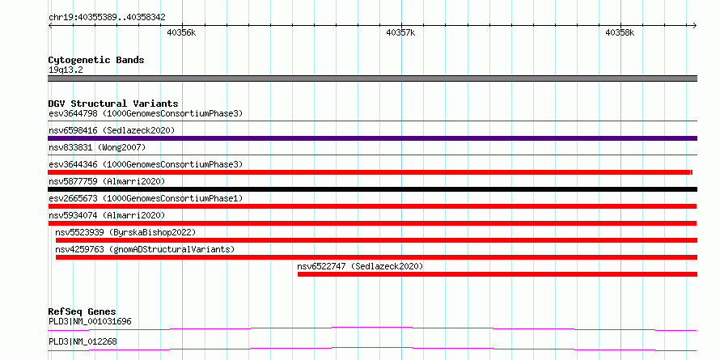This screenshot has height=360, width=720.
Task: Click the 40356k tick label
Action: click(x=182, y=32)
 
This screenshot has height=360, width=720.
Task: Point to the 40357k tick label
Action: click(x=401, y=32)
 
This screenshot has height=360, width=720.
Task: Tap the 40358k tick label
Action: click(x=620, y=32)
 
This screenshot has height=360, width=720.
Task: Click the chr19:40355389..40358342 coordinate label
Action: click(x=107, y=18)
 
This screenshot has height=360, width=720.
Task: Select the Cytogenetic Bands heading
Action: click(x=96, y=60)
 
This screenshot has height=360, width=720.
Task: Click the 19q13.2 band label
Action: click(x=66, y=70)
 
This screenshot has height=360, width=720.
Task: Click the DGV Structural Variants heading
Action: click(x=113, y=104)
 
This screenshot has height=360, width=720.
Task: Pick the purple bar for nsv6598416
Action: click(x=372, y=138)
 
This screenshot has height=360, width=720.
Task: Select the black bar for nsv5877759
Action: click(x=372, y=189)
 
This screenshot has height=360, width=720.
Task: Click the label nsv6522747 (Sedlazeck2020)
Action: click(x=360, y=266)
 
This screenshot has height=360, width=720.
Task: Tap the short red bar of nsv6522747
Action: click(x=498, y=274)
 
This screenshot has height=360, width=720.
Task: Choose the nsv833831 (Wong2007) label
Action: click(x=97, y=147)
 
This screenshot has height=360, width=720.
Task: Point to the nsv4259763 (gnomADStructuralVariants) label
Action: click(x=145, y=249)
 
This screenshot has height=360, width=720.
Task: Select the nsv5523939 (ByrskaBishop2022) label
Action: click(x=125, y=232)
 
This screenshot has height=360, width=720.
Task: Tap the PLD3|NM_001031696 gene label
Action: click(x=90, y=321)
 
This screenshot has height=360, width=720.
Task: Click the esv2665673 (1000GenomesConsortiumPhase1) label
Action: click(x=145, y=198)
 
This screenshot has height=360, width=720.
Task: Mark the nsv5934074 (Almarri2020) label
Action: click(x=107, y=215)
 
